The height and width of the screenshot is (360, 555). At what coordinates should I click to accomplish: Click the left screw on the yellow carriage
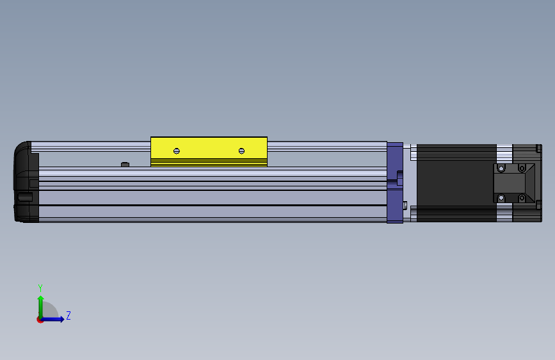click(177, 151)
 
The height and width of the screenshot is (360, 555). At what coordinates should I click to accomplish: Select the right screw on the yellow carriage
click(241, 151)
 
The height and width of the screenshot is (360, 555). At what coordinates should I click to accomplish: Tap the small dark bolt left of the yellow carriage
click(125, 165)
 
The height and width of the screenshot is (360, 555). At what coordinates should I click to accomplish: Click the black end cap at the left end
click(26, 183)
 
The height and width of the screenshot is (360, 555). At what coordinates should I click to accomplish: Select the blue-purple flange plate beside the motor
click(394, 183)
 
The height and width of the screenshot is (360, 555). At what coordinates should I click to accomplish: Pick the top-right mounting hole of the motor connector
click(522, 168)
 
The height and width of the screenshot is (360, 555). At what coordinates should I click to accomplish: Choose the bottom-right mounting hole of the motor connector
click(522, 198)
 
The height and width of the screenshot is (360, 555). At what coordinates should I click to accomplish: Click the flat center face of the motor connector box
click(510, 183)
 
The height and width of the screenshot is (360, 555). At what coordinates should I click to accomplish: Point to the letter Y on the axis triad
click(40, 288)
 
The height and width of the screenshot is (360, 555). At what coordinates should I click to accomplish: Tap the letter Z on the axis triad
click(68, 316)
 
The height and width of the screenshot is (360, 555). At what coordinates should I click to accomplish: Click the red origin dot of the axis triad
click(40, 320)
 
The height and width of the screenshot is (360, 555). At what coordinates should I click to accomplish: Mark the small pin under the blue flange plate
click(406, 205)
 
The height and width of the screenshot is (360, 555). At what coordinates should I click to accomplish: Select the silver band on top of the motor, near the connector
click(504, 152)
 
